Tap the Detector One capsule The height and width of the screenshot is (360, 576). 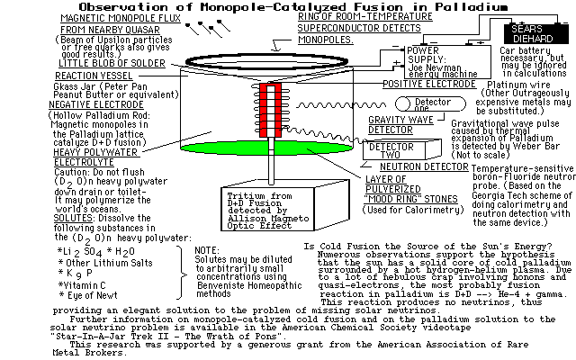click(x=431, y=104)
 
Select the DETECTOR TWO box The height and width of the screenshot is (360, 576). click(x=392, y=151)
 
